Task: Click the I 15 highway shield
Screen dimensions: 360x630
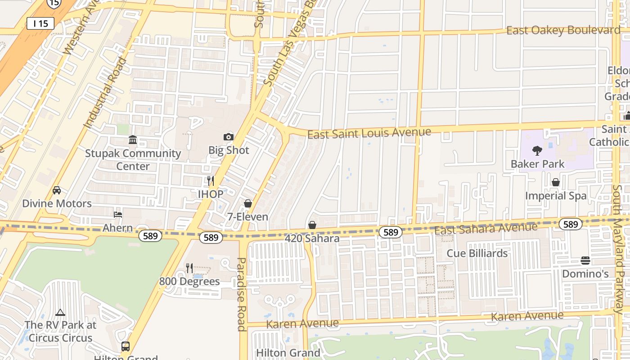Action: point(40,23)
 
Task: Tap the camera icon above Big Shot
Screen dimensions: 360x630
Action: point(228,137)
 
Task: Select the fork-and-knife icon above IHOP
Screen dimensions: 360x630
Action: point(210,181)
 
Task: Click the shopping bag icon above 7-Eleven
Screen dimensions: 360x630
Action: point(247,204)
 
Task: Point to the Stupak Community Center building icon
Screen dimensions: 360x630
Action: point(133,140)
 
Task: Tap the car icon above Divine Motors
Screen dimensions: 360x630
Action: point(57,190)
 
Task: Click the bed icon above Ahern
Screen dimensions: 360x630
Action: point(118,215)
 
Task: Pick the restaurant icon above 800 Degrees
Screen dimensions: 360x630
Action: point(189,268)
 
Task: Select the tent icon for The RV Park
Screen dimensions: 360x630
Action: point(60,312)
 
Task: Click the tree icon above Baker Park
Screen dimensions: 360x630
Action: point(537,150)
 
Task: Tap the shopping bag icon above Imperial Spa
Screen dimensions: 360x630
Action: point(556,182)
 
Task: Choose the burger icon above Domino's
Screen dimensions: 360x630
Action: point(585,261)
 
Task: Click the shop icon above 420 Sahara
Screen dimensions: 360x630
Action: point(312,225)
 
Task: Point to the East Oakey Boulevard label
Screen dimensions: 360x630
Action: point(563,30)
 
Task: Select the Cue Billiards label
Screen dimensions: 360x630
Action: point(477,253)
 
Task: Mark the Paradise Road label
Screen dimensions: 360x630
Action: point(242,294)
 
